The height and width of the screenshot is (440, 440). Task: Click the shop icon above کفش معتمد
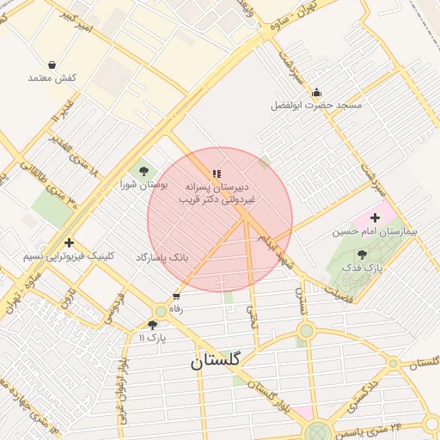coord(52,64)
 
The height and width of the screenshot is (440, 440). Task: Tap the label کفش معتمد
coord(52,78)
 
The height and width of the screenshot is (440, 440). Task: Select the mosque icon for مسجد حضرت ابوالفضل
coord(316,93)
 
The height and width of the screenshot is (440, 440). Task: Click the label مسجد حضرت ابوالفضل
coord(316,106)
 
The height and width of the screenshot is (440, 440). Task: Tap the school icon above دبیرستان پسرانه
coord(217,174)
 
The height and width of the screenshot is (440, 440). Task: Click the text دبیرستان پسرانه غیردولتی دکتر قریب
coord(217,192)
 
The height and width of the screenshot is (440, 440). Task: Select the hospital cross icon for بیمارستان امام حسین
coord(375,218)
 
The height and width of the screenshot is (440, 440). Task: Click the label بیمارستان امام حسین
coord(375,231)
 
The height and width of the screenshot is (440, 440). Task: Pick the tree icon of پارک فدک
coord(362,254)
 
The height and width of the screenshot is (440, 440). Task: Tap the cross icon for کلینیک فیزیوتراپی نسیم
coord(69,242)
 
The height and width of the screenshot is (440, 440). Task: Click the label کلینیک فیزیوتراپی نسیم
coord(69,256)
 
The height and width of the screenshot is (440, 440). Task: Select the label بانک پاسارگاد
coord(162,257)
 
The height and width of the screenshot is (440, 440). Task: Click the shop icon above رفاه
coord(177,296)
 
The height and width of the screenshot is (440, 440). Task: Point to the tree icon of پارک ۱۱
coord(153,325)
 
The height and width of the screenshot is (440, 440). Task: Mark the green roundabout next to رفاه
coord(160,311)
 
